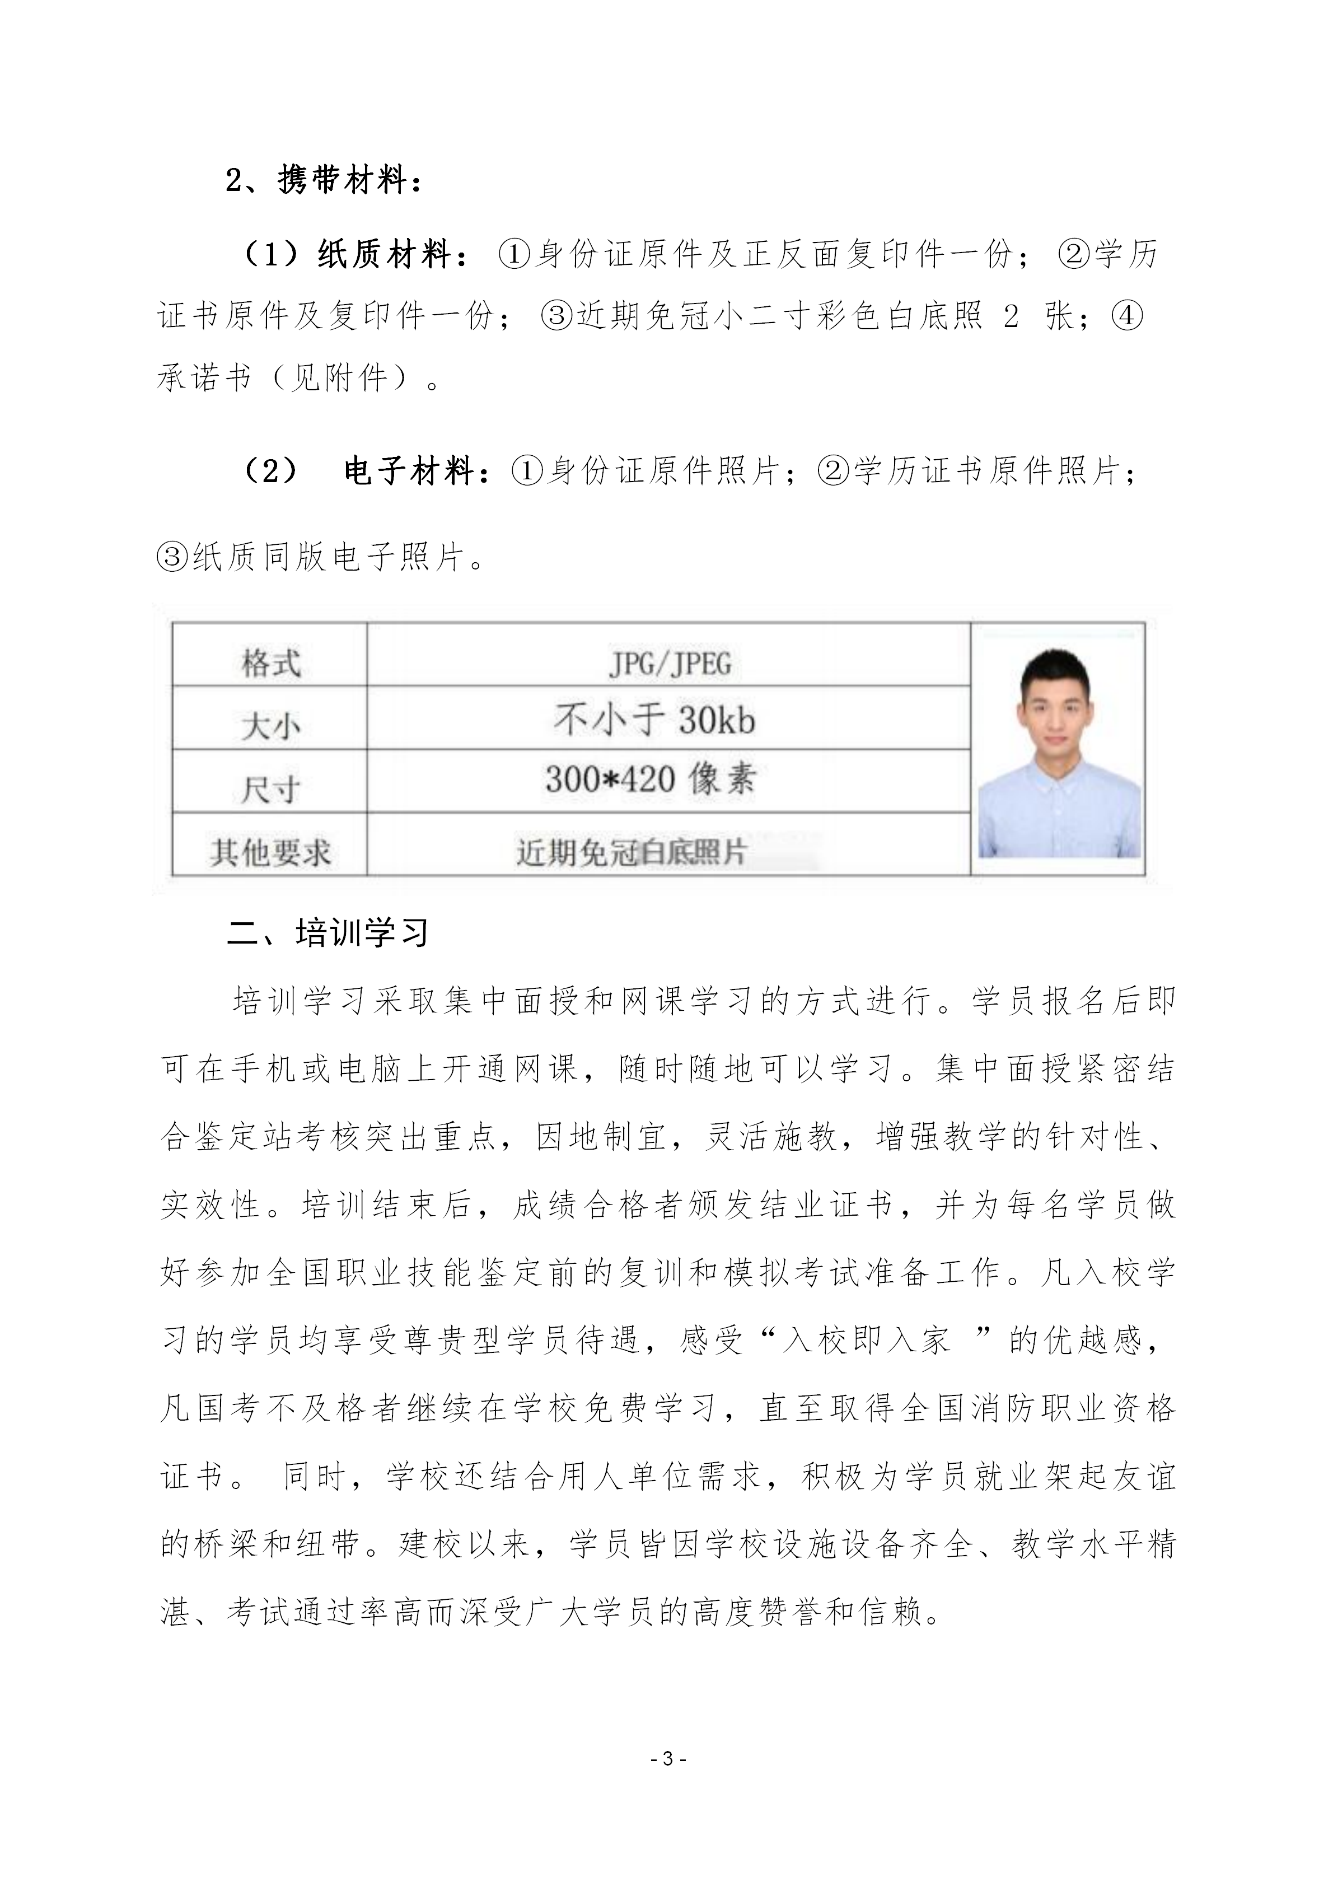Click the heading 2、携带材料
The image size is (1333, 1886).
coord(324,180)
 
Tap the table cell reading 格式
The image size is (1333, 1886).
coord(270,663)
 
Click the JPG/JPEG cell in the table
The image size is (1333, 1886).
coord(670,663)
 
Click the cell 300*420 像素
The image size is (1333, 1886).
coord(651,779)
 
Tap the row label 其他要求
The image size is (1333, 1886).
coord(270,852)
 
